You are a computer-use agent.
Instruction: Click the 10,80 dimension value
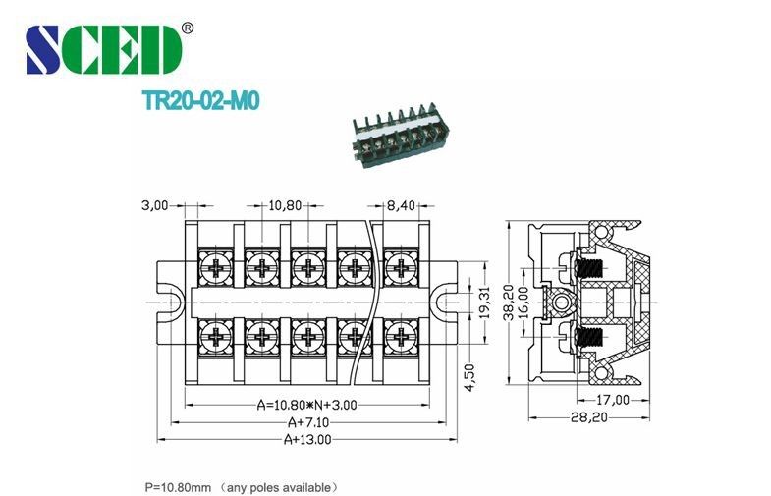(x=285, y=205)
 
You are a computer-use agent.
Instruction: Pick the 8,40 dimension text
(x=404, y=205)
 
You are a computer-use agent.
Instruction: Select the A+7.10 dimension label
(x=306, y=421)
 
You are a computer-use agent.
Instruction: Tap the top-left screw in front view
(x=213, y=266)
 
